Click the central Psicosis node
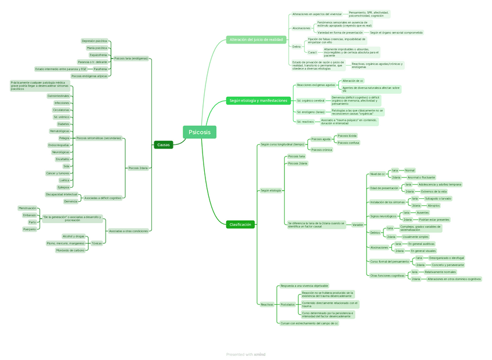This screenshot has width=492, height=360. (200, 133)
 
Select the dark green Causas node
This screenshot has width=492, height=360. (164, 145)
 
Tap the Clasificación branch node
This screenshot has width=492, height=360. (240, 224)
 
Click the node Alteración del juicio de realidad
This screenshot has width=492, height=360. (256, 39)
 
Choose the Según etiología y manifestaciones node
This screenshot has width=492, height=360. (258, 100)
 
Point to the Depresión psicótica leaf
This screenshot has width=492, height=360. (95, 41)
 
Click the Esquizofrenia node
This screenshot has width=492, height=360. (98, 54)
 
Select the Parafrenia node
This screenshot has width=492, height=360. (100, 69)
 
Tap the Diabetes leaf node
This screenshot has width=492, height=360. (63, 123)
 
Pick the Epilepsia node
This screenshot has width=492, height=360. (63, 187)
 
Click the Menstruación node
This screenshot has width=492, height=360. (27, 208)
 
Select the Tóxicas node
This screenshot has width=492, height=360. (96, 243)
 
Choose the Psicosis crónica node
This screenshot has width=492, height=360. (321, 150)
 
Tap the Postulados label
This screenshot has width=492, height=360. (287, 304)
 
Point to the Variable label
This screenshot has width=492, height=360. (358, 224)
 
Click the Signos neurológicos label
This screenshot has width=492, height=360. (384, 216)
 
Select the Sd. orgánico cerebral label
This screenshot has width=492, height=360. (310, 100)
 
